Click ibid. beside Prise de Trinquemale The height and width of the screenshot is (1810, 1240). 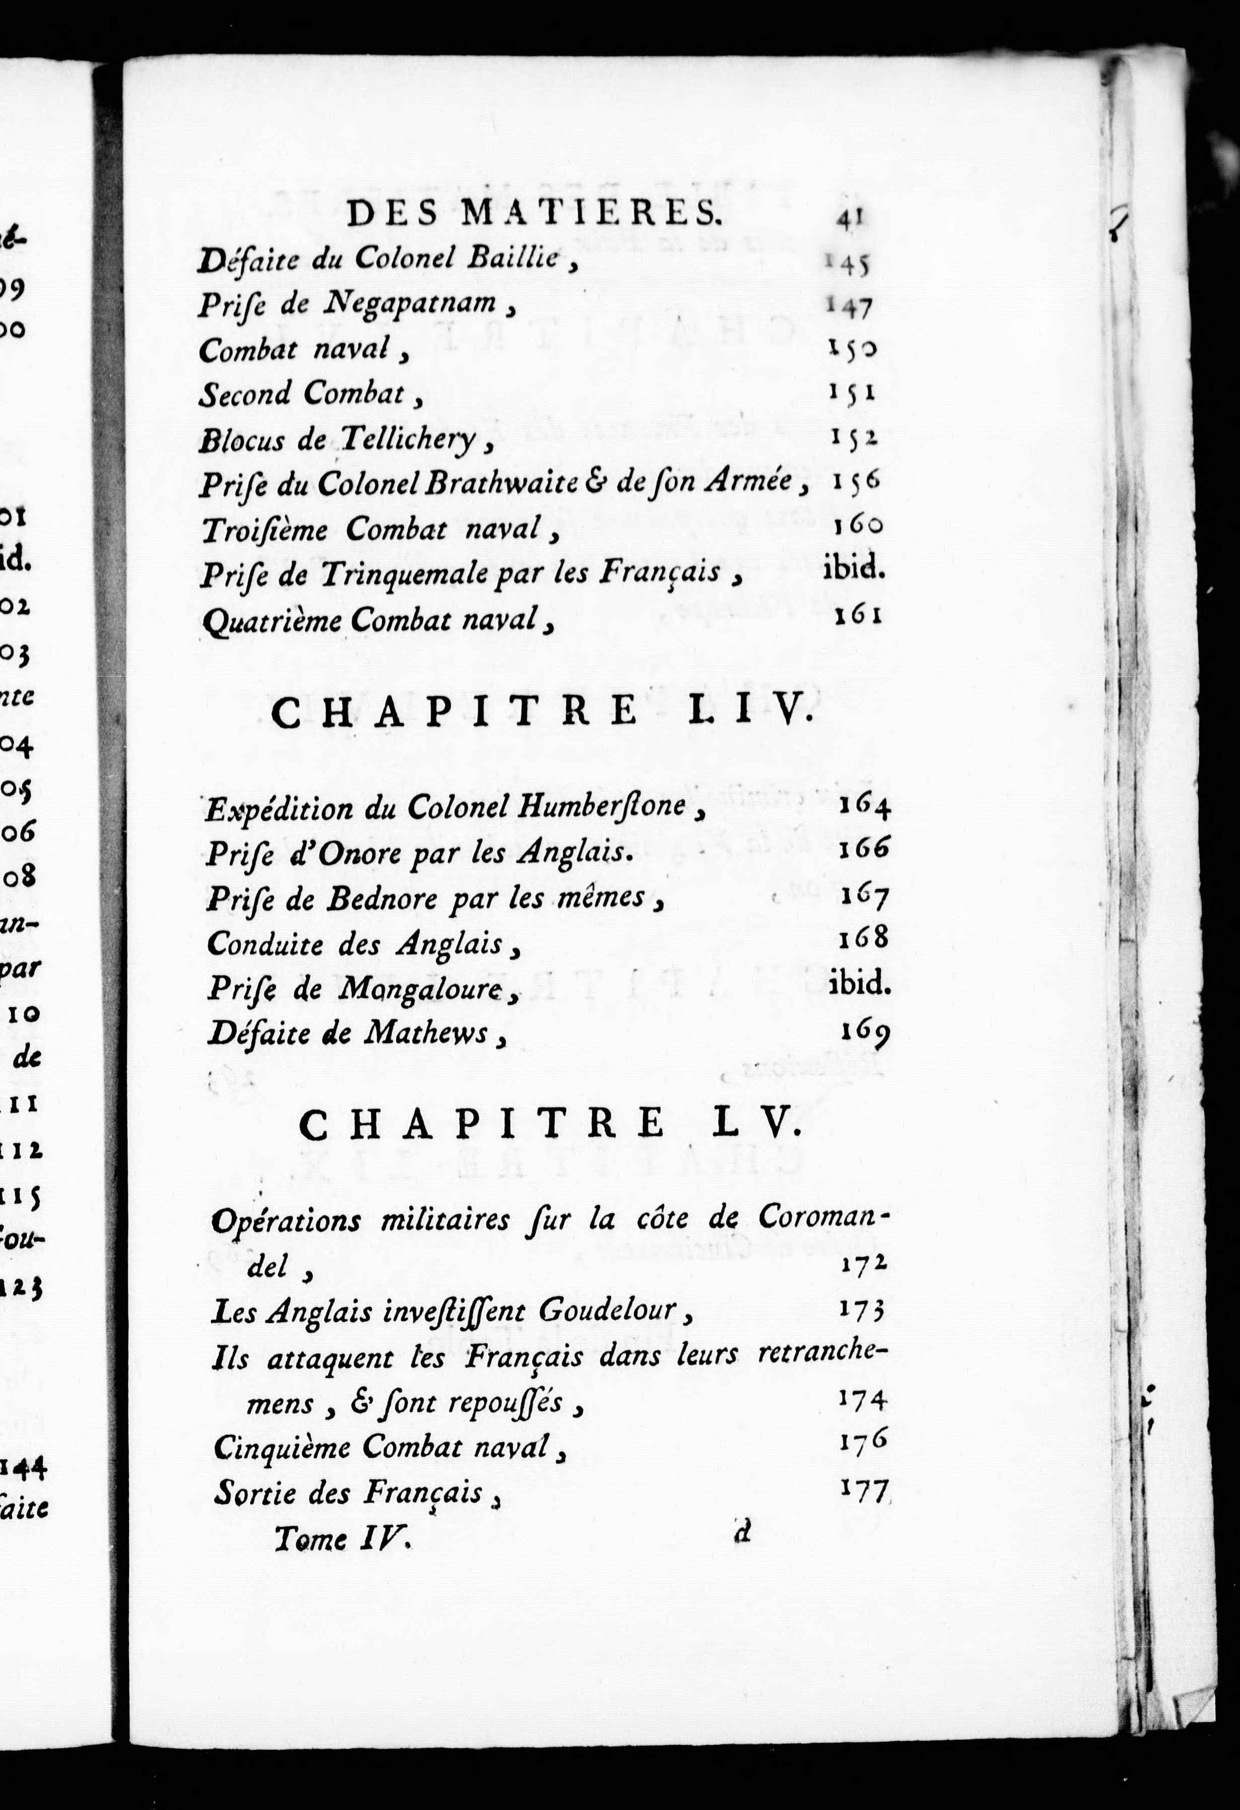853,569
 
